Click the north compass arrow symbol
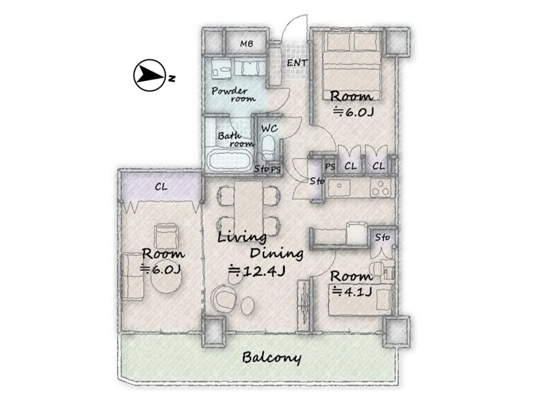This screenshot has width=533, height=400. pos(150,76)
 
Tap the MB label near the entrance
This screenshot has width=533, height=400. pos(247,43)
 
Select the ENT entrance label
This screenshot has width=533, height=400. pos(297,63)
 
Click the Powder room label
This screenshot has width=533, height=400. pos(234,94)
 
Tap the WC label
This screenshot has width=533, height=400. pos(270,128)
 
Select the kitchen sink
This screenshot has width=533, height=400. pos(339,187)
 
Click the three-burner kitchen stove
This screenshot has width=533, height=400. pos(380,187)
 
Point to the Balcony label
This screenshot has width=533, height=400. pos(271,358)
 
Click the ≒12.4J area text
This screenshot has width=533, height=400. pos(257,271)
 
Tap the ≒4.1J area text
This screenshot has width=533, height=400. pos(351,292)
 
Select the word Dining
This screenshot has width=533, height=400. pos(276,253)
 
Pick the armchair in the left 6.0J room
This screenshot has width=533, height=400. pos(167,236)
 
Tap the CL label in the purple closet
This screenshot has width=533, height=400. pos(161,187)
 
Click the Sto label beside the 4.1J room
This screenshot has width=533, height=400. pos(383,237)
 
